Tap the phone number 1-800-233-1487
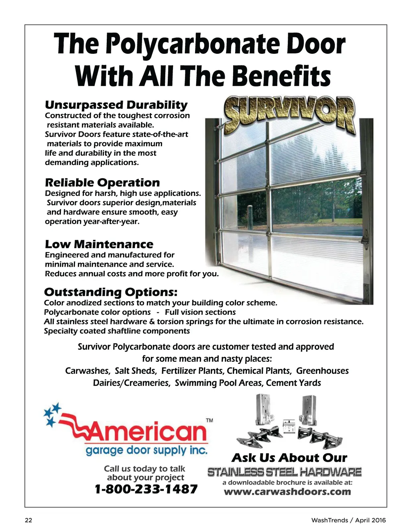point(146,489)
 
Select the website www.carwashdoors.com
point(287,492)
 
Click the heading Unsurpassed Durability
point(116,105)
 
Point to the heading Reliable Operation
point(102,183)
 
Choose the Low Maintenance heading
point(99,244)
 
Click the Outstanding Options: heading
point(110,292)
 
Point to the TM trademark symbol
point(210,420)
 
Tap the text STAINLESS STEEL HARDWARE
point(284,472)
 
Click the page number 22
point(28,520)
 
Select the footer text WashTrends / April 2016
point(348,520)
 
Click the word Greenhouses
point(322,371)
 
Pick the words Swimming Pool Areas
point(219,383)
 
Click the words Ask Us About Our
point(289,458)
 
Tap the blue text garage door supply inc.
point(146,450)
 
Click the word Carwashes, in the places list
point(87,371)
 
